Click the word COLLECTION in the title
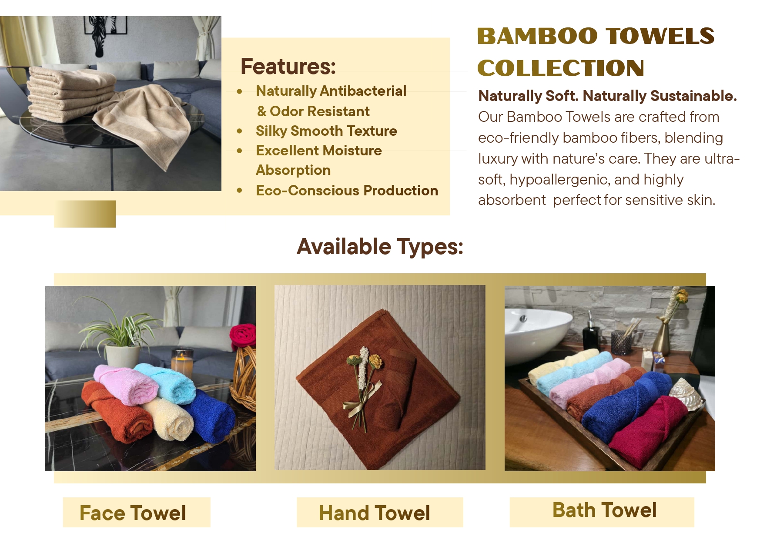pos(561,68)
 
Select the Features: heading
pos(288,67)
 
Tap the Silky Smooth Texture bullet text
pos(326,131)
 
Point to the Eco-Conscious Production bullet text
pos(347,191)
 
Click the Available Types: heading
pos(380,247)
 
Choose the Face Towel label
pos(133,513)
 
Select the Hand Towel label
pos(374,513)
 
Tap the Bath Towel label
pos(604,510)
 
